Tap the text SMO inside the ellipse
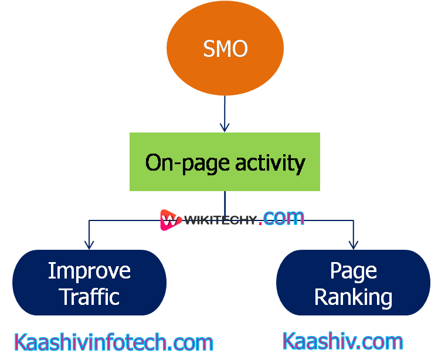225,49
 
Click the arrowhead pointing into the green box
225,127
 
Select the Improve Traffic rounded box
89,283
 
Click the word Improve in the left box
89,270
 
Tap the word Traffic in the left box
89,296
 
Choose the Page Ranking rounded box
353,283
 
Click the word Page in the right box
353,270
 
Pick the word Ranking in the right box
353,297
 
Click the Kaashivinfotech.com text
113,342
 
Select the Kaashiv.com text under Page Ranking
343,341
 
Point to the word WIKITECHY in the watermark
220,220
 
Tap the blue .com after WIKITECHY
284,219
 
